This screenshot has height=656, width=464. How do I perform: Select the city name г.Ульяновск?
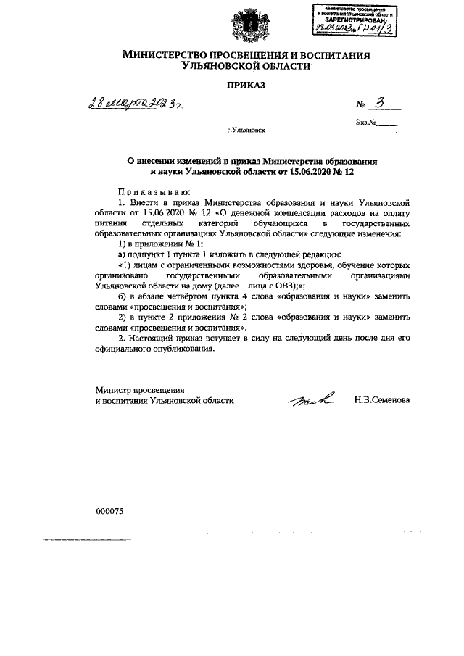pyautogui.click(x=246, y=131)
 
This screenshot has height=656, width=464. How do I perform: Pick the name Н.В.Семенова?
pyautogui.click(x=381, y=399)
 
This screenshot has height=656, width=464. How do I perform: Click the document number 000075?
pyautogui.click(x=110, y=510)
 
